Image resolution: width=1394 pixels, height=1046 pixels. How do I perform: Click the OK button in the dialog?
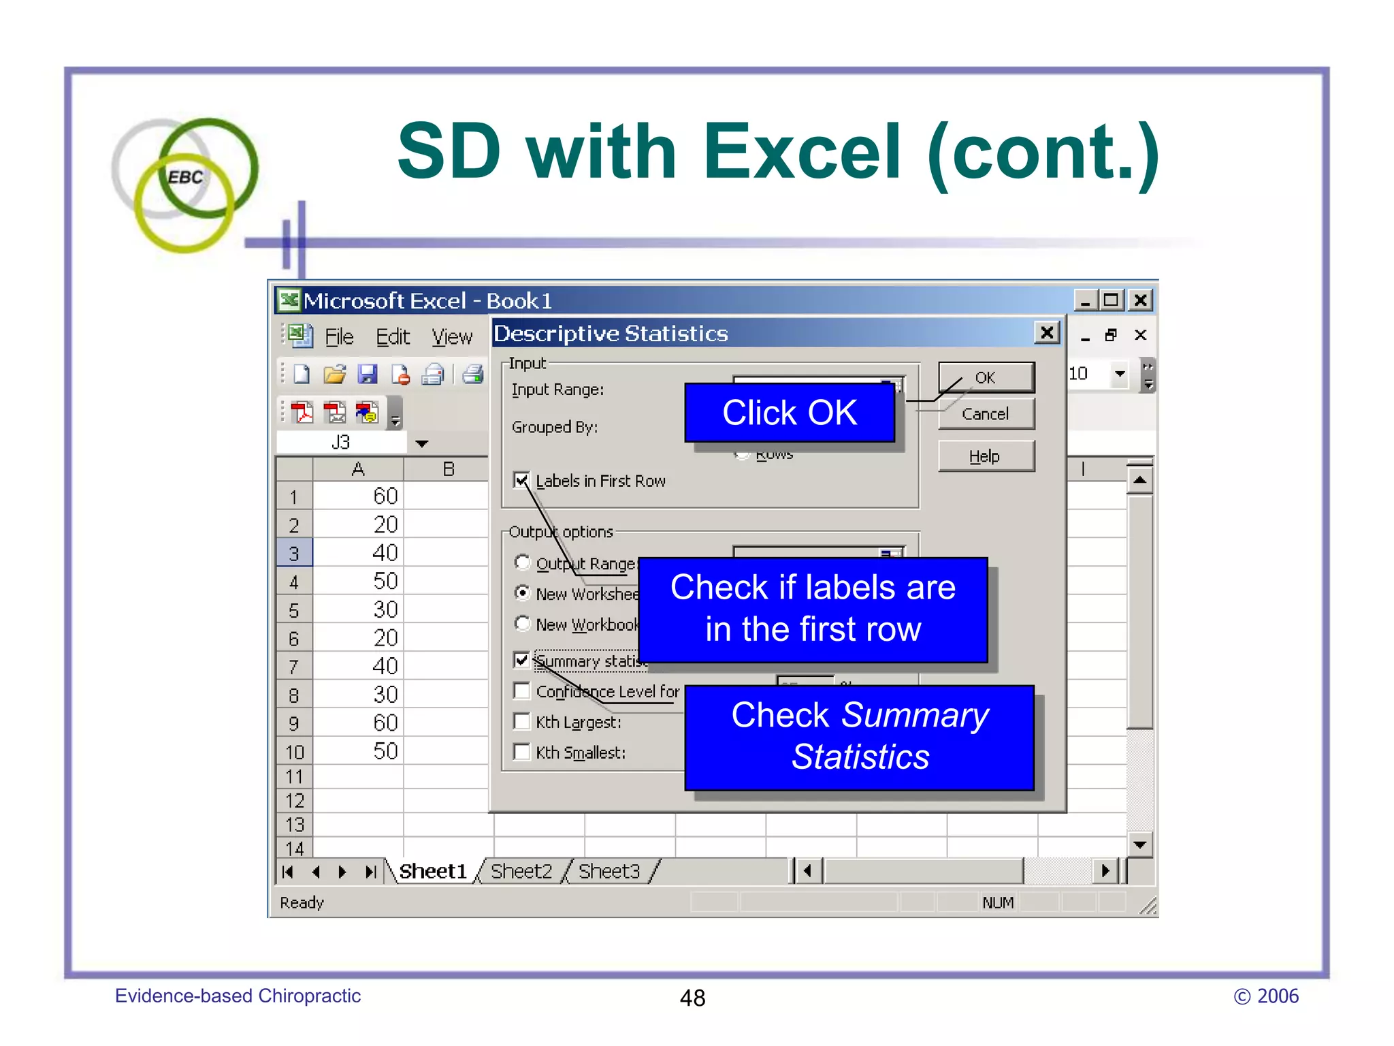[x=986, y=377]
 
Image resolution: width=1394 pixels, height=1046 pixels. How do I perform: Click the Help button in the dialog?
[x=986, y=456]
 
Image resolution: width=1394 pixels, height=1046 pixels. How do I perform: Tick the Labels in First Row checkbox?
[x=521, y=480]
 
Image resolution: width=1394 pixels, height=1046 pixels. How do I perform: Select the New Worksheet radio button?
[x=522, y=593]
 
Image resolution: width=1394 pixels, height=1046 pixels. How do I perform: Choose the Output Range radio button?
[x=522, y=562]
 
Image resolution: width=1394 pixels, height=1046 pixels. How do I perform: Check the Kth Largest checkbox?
[x=522, y=721]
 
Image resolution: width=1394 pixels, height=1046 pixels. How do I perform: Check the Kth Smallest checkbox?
[x=522, y=752]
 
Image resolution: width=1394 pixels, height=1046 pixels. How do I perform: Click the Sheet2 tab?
[x=521, y=871]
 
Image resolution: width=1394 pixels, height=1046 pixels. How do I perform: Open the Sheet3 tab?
[x=609, y=871]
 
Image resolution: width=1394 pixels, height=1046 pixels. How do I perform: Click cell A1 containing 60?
[x=359, y=496]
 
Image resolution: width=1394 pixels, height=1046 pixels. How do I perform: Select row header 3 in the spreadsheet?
[x=294, y=553]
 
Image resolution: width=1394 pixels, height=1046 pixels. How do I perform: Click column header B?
[x=448, y=469]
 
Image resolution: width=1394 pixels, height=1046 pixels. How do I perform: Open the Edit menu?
[x=393, y=336]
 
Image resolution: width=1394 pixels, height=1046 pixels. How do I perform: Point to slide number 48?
[x=692, y=998]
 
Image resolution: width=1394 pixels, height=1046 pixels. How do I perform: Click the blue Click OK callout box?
[x=790, y=413]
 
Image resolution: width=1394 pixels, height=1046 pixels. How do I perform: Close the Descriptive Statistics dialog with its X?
[x=1047, y=333]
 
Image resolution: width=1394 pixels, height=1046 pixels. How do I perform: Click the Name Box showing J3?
[x=341, y=443]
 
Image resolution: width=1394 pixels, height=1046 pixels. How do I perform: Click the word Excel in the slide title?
[x=803, y=151]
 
